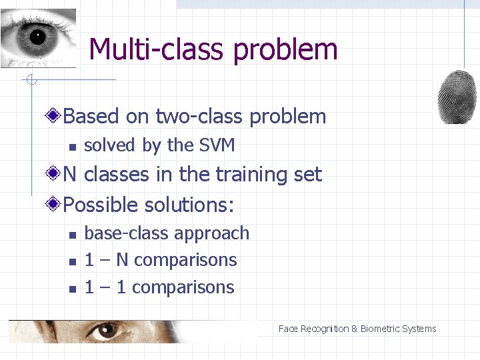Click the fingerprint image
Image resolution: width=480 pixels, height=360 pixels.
point(457,96)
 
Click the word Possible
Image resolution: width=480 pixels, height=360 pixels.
point(101,204)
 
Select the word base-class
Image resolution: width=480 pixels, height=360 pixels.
point(123,233)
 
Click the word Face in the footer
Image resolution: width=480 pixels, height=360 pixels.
point(288,329)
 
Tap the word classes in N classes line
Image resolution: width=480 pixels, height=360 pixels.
point(117,174)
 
